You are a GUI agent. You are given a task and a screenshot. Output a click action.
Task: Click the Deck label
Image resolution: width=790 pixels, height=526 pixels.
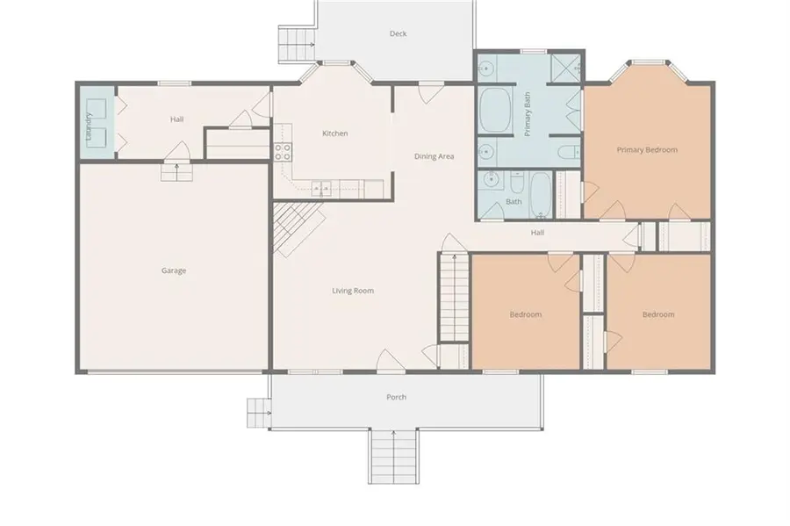point(398,33)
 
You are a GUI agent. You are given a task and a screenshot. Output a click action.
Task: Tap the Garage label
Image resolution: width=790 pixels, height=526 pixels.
point(174,270)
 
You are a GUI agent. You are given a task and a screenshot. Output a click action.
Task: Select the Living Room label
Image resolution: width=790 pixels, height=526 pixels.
point(353,291)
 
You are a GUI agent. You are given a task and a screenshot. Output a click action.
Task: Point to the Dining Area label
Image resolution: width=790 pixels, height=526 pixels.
point(434,156)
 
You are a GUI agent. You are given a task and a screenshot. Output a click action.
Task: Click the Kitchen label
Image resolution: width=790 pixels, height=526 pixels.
point(335,133)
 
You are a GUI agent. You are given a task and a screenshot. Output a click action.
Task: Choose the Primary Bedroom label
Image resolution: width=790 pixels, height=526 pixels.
point(647,149)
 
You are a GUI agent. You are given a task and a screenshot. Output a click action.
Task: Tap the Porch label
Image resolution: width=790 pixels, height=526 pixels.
point(396,397)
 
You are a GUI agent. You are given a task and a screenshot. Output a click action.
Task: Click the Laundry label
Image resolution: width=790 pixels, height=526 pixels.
point(89,126)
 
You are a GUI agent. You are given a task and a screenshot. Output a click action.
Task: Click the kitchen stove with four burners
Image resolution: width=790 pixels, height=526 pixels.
point(283,152)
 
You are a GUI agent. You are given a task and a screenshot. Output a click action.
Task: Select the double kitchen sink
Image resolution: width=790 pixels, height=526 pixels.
point(321,189)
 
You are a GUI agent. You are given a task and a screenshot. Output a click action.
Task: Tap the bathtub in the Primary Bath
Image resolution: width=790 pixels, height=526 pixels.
point(496,111)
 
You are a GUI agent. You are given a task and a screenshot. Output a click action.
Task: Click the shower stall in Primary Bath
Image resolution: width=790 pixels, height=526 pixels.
point(566,68)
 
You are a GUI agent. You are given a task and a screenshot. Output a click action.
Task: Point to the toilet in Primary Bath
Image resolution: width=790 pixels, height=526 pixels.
point(569,151)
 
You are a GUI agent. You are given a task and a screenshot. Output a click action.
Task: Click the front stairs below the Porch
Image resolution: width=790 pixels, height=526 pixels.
point(393,457)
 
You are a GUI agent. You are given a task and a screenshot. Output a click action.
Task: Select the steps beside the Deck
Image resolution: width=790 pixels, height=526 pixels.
point(297,44)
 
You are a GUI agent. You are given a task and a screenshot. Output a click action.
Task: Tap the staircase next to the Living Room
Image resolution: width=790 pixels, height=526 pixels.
point(455,298)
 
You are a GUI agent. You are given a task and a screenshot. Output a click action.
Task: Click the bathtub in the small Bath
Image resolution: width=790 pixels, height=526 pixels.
point(541,196)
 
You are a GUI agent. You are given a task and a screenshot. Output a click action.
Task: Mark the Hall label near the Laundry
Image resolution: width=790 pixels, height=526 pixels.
point(176,119)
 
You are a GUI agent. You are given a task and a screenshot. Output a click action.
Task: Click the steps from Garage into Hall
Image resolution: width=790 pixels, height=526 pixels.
point(176,172)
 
